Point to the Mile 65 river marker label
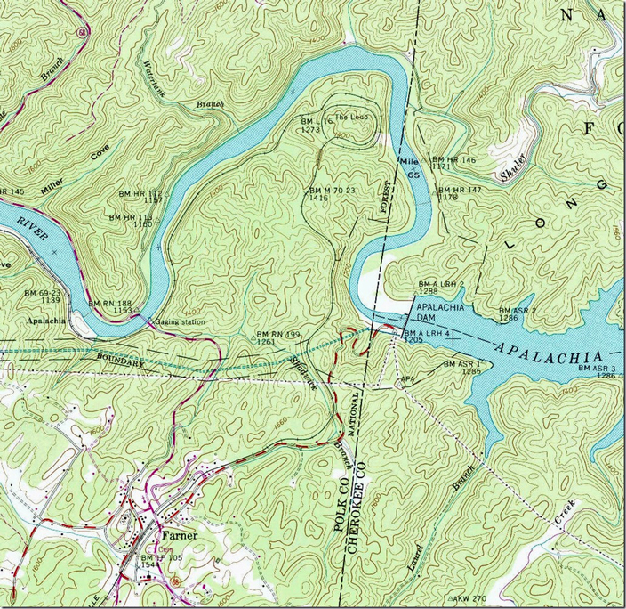coord(410,167)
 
